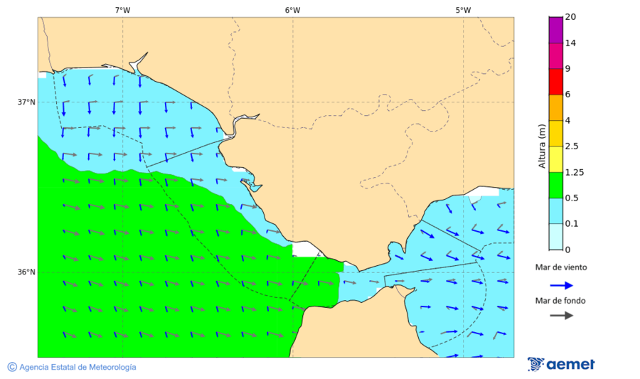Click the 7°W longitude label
pos(122,10)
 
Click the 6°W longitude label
pos(292,10)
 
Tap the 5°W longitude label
pos(463,10)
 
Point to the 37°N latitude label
pos(26,102)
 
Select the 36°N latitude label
pos(26,272)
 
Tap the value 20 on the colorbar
pos(570,17)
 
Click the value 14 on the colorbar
pos(570,43)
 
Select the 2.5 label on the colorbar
pos(571,146)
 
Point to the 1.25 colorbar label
pos(573,172)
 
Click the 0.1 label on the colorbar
pos(571,223)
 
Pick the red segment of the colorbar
pos(556,81)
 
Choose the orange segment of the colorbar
pos(556,107)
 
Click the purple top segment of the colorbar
pos(556,29)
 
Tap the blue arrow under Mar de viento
pos(561,285)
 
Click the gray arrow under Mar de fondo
pos(561,315)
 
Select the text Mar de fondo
pos(561,301)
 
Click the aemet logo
pos(561,364)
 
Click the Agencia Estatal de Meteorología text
pos(78,367)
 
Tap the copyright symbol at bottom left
pos(12,367)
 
